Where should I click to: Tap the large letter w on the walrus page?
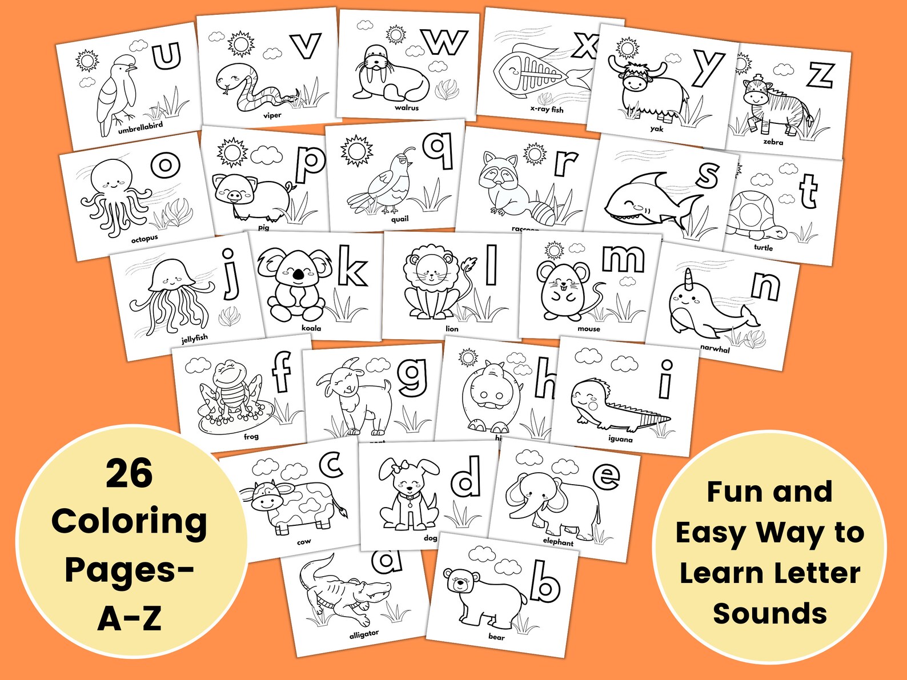[x=446, y=42]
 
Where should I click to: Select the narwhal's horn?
[x=689, y=278]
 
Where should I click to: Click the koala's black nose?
[x=298, y=276]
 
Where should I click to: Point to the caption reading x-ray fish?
[x=547, y=109]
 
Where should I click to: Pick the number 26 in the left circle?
[x=129, y=473]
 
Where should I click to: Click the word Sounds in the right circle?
[x=769, y=613]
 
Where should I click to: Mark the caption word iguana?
[x=620, y=440]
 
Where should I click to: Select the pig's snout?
[x=234, y=196]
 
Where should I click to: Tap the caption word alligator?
[x=364, y=634]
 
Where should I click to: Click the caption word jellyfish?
[x=195, y=338]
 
